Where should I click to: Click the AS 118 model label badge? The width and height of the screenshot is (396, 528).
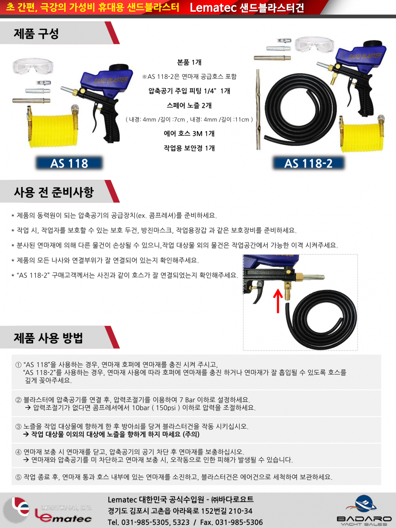tap(69, 163)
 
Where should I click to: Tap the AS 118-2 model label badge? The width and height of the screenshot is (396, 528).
tap(308, 163)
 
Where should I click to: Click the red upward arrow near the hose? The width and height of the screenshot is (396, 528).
tap(278, 301)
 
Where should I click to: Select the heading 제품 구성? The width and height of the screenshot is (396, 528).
tap(36, 33)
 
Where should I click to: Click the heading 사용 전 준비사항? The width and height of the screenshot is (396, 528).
tap(53, 192)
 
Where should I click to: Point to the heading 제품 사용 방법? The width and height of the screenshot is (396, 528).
tap(48, 338)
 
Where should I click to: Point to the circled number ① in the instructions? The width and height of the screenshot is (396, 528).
tap(19, 365)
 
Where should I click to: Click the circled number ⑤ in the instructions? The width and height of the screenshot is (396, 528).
tap(19, 477)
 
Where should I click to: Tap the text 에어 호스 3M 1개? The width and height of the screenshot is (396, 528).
tap(189, 133)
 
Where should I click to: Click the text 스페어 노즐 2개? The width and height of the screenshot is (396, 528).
tap(189, 105)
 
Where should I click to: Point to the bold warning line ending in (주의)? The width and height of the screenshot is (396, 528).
tap(112, 434)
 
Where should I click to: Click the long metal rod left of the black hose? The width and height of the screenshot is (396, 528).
tap(258, 109)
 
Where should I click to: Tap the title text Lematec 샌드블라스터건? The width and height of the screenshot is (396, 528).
tap(247, 8)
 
